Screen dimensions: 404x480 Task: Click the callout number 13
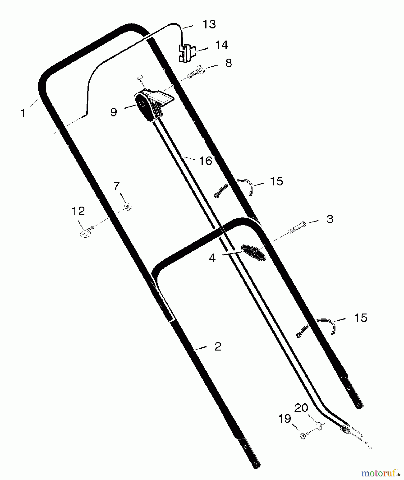tap(209, 24)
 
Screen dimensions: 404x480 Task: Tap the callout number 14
tap(221, 45)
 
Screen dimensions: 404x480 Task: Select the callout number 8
tap(229, 63)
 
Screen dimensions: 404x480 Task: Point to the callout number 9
tap(114, 112)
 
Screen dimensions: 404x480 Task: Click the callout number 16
tap(205, 161)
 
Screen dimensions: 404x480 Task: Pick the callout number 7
tap(117, 186)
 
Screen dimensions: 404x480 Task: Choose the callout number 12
tap(78, 211)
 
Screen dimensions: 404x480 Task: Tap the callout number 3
tap(330, 219)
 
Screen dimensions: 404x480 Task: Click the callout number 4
tap(212, 258)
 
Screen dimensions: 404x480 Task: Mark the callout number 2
tap(218, 347)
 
